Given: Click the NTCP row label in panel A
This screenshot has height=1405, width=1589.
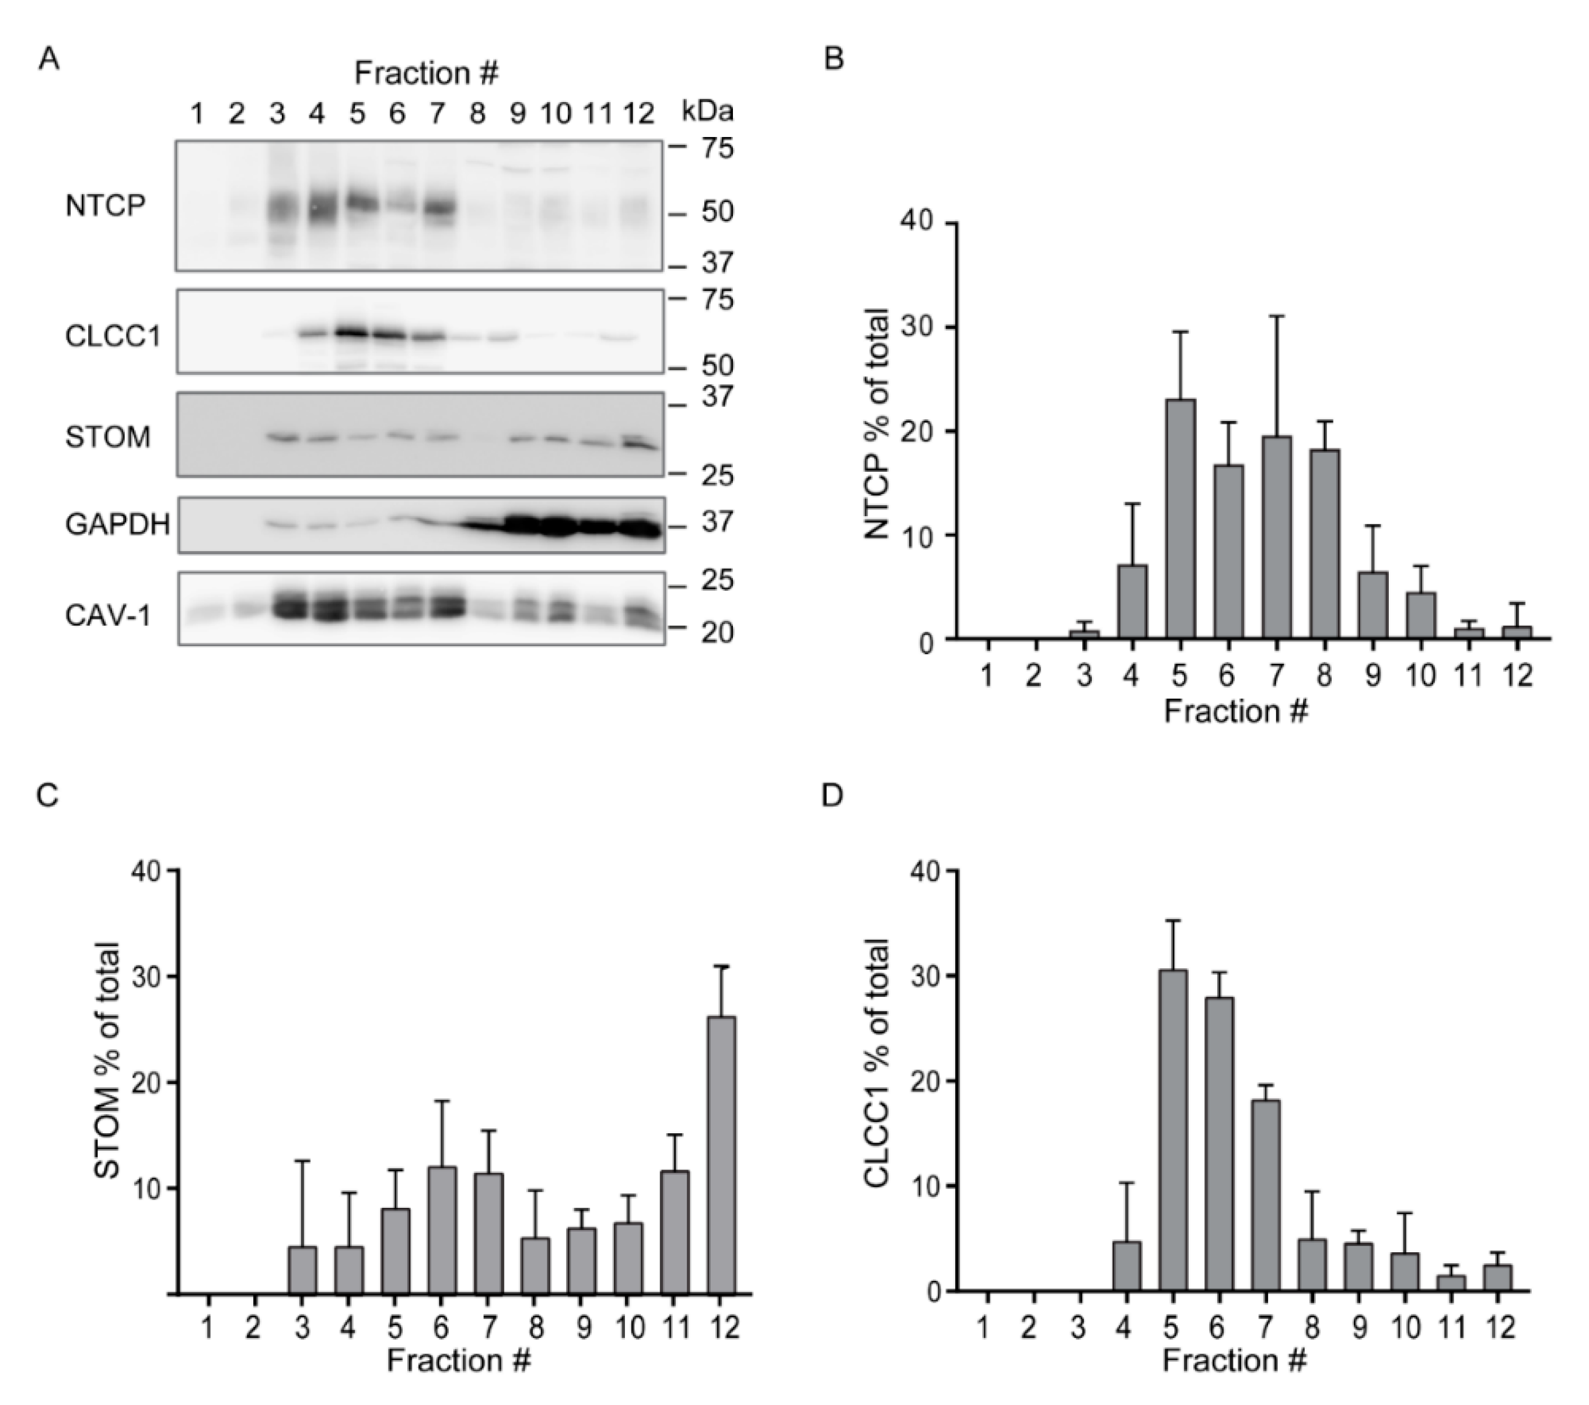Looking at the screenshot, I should (105, 206).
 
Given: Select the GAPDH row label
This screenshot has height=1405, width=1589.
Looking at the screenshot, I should (117, 524).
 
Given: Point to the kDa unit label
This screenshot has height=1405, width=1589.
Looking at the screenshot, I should (707, 112).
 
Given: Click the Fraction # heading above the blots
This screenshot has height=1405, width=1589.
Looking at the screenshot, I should (426, 73).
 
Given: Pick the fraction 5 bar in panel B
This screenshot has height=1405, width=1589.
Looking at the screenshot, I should (1180, 519).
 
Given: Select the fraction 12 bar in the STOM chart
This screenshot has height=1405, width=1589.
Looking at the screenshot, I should (721, 1155).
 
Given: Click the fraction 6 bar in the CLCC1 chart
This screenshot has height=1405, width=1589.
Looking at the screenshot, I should (1219, 1145).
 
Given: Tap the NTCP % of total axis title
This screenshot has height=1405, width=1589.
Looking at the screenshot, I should (877, 424).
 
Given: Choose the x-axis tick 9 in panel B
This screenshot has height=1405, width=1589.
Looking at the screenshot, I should (1373, 675).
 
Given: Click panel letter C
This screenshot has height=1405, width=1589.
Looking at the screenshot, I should (48, 797).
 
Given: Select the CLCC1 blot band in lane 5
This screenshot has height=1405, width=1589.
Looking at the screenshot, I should (357, 332).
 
